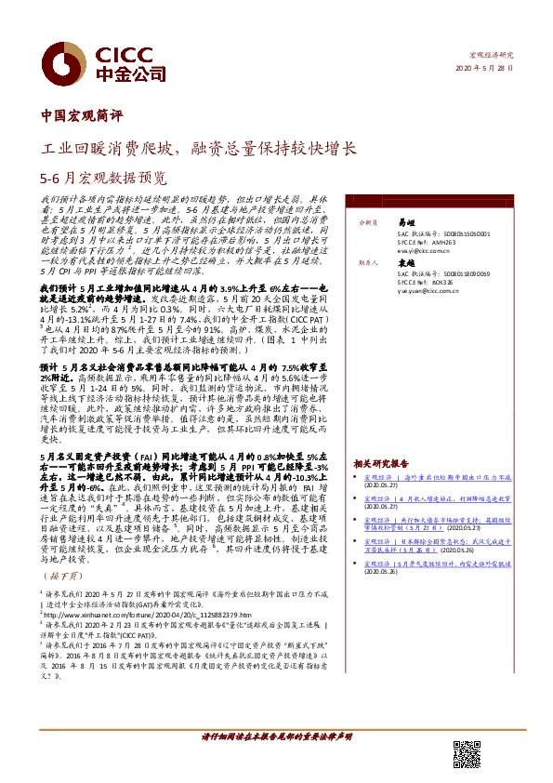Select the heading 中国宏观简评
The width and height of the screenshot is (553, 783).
[x=83, y=117]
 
